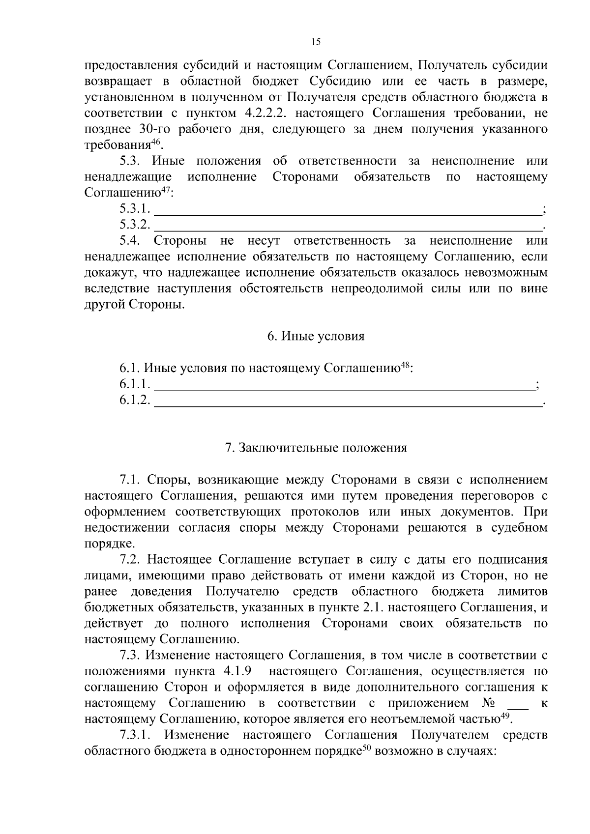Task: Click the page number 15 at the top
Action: point(316,42)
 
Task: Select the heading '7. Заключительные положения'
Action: point(316,448)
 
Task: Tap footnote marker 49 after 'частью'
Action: point(504,716)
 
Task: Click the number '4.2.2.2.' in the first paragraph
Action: point(262,114)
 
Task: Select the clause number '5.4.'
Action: point(130,241)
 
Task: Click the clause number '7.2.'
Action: point(130,560)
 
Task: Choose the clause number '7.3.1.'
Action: point(135,735)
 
